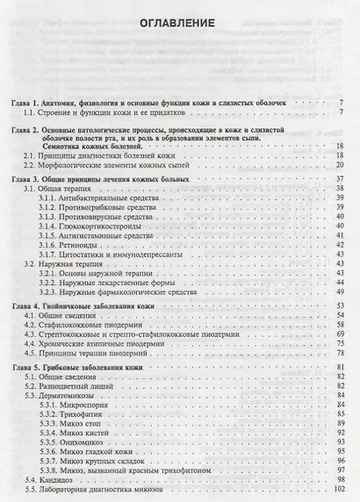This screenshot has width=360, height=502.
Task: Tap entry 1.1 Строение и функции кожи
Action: coord(105,113)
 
